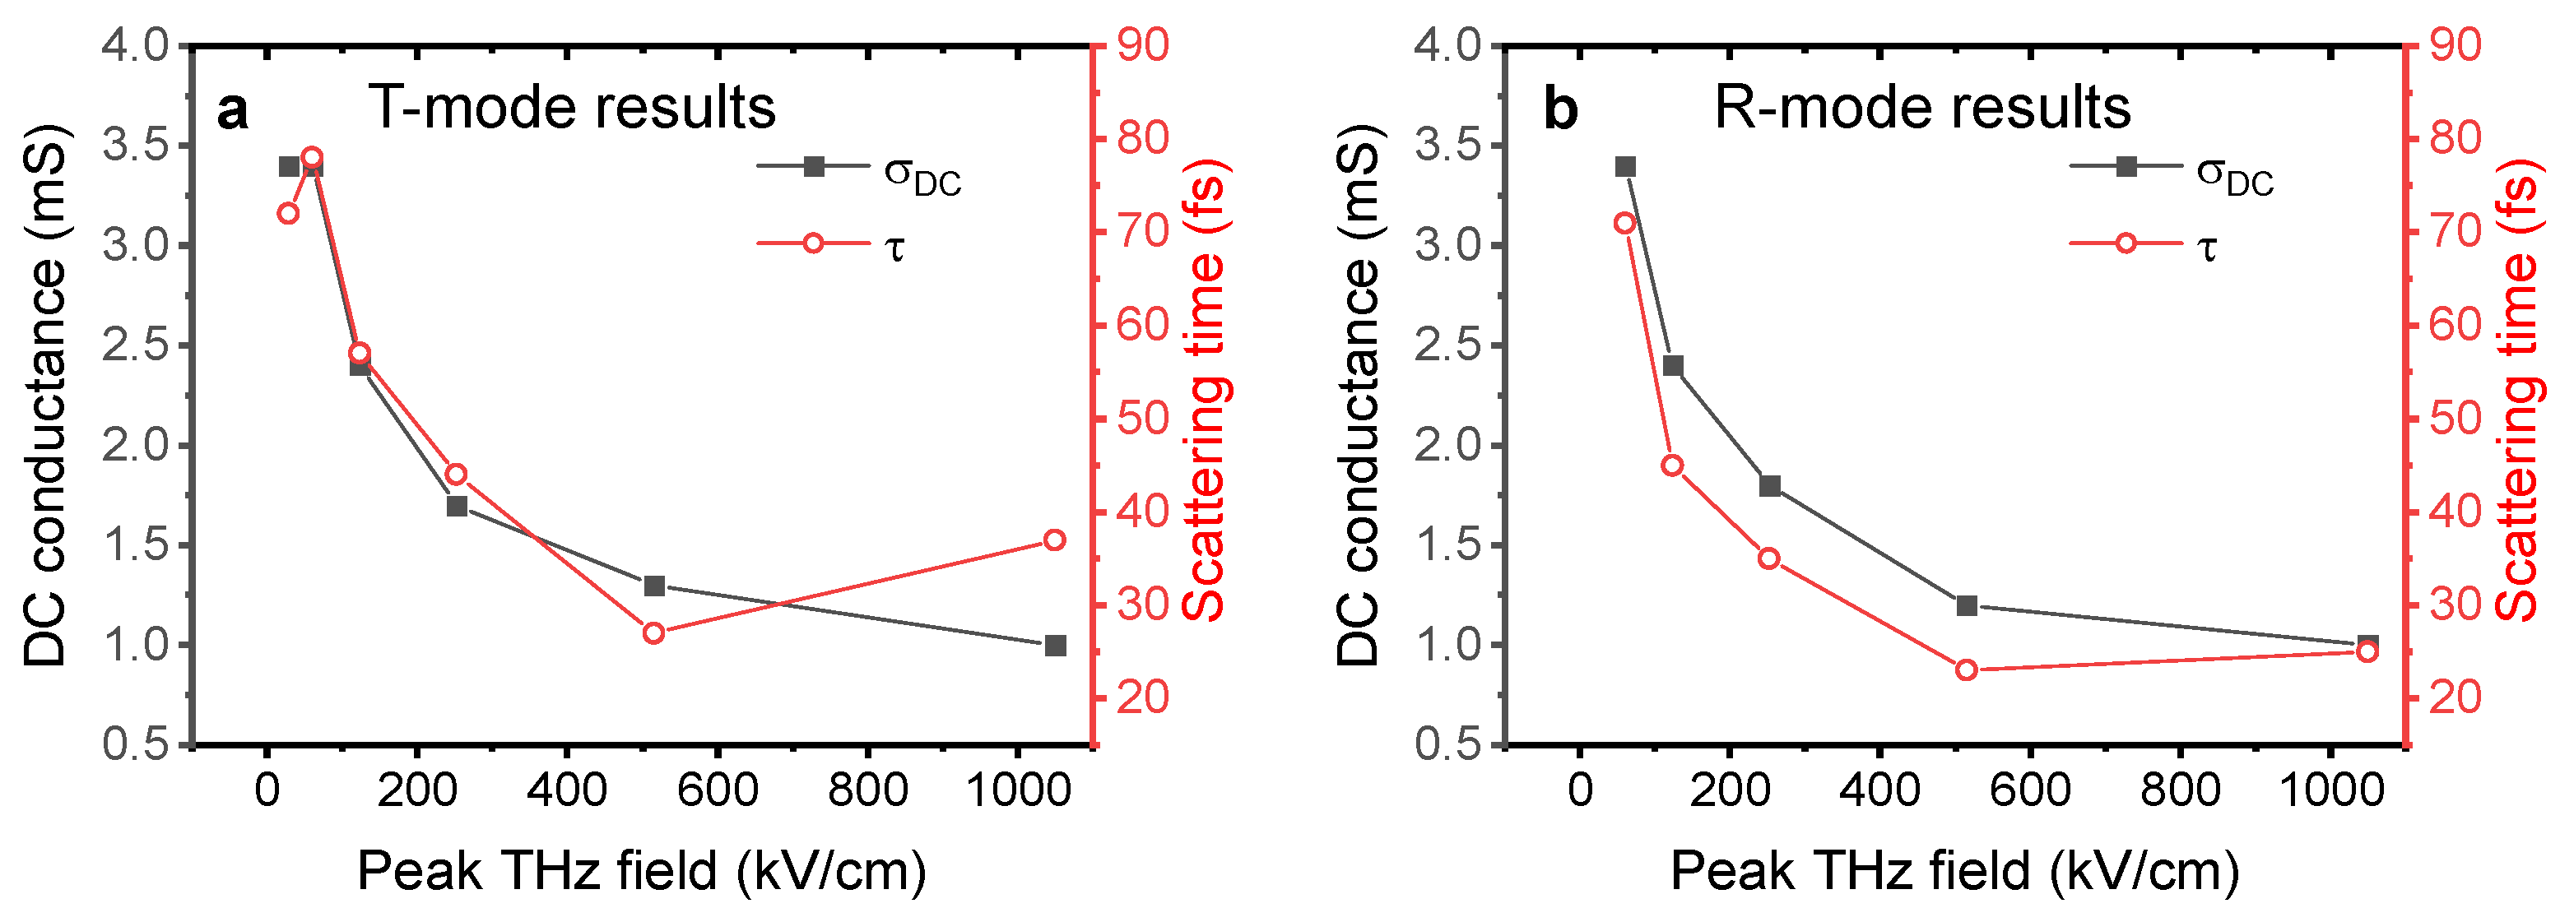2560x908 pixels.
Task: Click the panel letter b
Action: coord(1560,109)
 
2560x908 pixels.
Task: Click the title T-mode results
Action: coord(571,107)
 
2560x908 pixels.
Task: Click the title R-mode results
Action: coord(1922,107)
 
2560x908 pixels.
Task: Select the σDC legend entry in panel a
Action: coord(861,169)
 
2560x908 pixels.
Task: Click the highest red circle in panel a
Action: coord(312,157)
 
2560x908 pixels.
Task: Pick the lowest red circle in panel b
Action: coord(1966,669)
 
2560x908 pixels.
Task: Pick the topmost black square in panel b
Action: coord(1625,167)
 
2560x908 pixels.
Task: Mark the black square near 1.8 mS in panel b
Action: coord(1769,486)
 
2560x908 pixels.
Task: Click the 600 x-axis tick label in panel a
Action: coord(717,790)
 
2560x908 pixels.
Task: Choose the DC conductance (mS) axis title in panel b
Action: coord(1358,396)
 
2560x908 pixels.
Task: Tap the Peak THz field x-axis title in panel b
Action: coord(1954,871)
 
